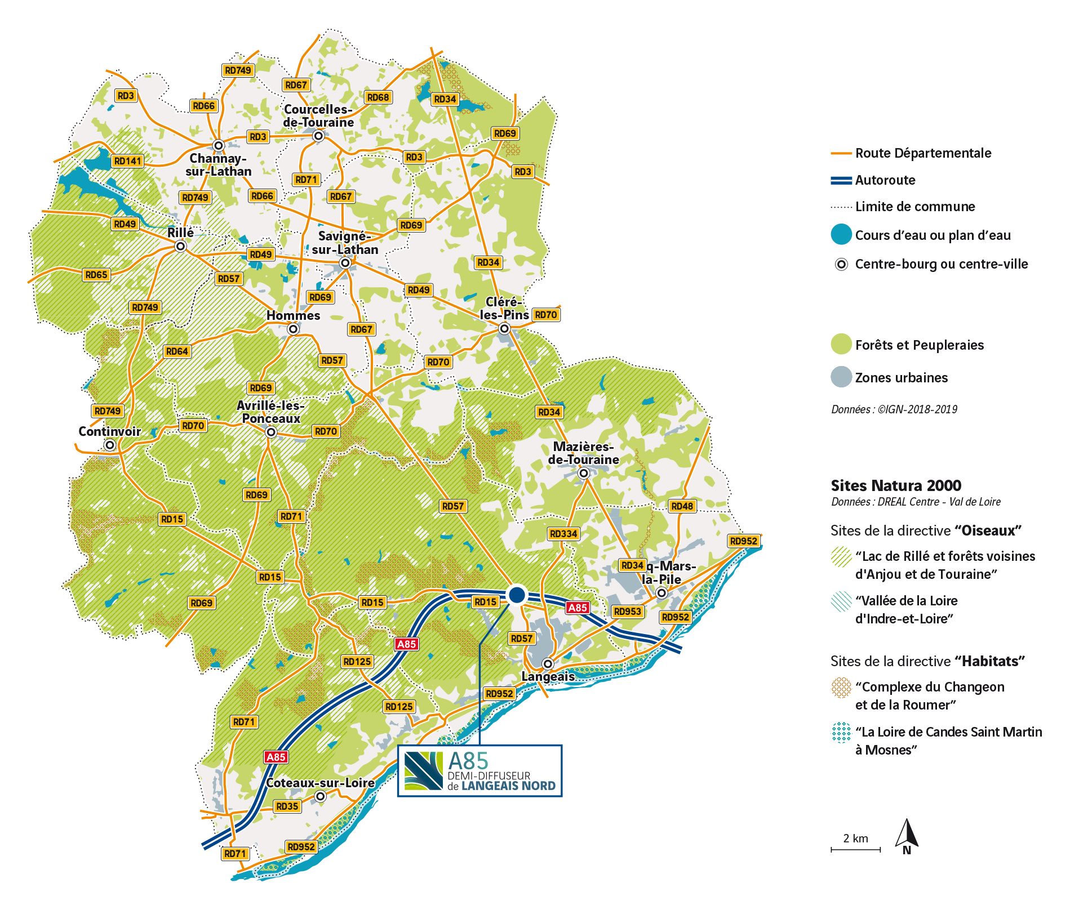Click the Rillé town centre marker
[x=180, y=247]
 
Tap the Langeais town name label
[x=548, y=676]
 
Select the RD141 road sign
[x=128, y=161]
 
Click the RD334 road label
[x=563, y=534]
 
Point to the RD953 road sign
[x=627, y=612]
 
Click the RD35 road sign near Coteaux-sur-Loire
[x=287, y=806]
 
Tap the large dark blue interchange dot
[x=517, y=595]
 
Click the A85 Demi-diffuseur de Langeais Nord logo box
[x=479, y=771]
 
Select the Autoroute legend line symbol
[x=841, y=181]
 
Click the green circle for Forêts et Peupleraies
[x=841, y=344]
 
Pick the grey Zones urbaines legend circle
[x=841, y=377]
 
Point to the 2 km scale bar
[x=855, y=849]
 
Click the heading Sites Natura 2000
[x=896, y=485]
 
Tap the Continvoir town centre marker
[x=110, y=445]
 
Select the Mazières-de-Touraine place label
[x=583, y=453]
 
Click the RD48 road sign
[x=682, y=506]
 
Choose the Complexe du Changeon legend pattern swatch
[x=841, y=688]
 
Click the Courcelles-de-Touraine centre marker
[x=318, y=136]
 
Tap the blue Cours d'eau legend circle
[x=841, y=235]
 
